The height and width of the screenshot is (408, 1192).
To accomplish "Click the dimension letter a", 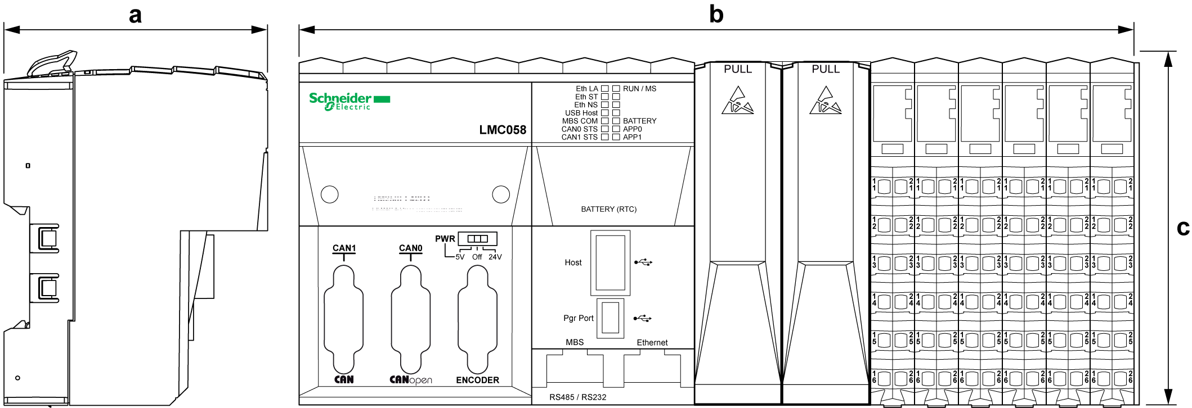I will tap(135, 15).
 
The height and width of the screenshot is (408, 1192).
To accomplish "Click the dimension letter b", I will tap(716, 14).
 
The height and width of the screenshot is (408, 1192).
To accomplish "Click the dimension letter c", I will tap(1183, 227).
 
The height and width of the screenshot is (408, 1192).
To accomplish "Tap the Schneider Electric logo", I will tap(349, 101).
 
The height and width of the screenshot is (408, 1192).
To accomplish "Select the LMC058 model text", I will tap(503, 130).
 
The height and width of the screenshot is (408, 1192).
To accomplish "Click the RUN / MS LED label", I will tap(639, 89).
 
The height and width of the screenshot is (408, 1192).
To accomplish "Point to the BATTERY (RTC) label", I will tap(608, 209).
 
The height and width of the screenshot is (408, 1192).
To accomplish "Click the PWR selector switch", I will tap(477, 239).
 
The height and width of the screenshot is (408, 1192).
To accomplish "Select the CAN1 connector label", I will tap(344, 248).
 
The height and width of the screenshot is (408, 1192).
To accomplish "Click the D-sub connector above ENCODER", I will tap(477, 319).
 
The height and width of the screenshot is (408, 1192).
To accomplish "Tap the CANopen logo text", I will tap(411, 380).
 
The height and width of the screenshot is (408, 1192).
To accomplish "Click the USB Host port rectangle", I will tap(610, 262).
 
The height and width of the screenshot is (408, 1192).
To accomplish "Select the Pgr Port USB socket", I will tap(610, 318).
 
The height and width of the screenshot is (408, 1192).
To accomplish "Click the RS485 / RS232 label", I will tap(577, 397).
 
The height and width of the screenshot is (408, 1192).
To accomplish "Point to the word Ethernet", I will tap(652, 342).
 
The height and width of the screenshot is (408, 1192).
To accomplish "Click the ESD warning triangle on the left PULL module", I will tap(737, 101).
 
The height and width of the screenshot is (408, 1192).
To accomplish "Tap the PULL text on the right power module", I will tap(825, 69).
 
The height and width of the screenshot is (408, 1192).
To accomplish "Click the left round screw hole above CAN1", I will tap(329, 194).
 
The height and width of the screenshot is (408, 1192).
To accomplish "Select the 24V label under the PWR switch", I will tap(495, 257).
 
